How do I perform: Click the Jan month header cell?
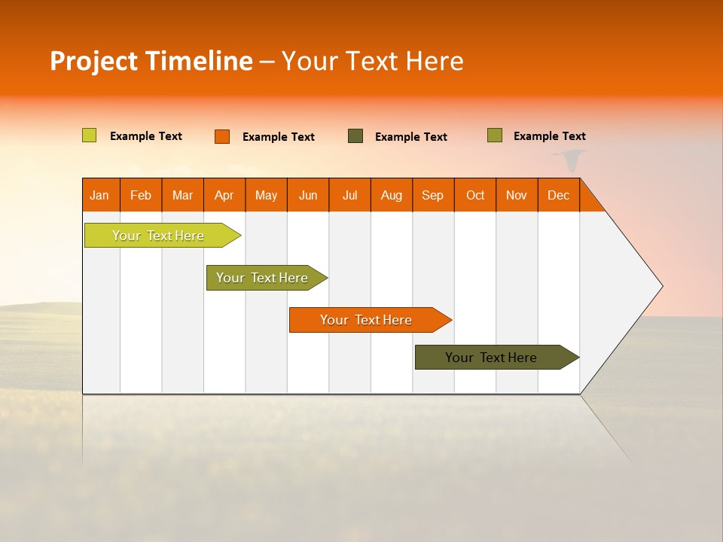pyautogui.click(x=100, y=195)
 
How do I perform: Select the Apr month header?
pyautogui.click(x=224, y=195)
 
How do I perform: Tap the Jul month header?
pyautogui.click(x=349, y=195)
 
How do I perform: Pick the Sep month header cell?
pyautogui.click(x=433, y=195)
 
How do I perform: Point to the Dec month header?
pyautogui.click(x=558, y=195)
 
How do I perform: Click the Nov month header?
pyautogui.click(x=517, y=195)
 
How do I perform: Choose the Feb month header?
pyautogui.click(x=141, y=195)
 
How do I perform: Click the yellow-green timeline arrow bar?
pyautogui.click(x=158, y=236)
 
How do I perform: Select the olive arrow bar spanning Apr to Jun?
pyautogui.click(x=262, y=278)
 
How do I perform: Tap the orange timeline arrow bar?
pyautogui.click(x=366, y=320)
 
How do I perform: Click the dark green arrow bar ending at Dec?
pyautogui.click(x=491, y=358)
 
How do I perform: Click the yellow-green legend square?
pyautogui.click(x=90, y=135)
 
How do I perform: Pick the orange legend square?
pyautogui.click(x=222, y=136)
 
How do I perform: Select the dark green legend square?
pyautogui.click(x=355, y=136)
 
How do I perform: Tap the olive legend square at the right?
pyautogui.click(x=495, y=135)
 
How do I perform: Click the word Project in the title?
pyautogui.click(x=93, y=61)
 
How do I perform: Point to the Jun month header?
pyautogui.click(x=308, y=195)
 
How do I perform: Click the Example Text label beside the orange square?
pyautogui.click(x=279, y=137)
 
